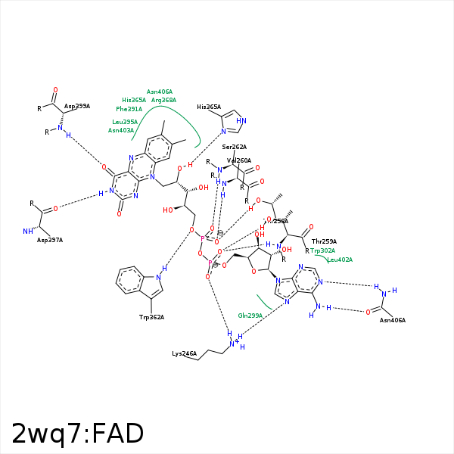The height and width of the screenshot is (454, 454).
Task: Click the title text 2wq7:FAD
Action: pos(77,434)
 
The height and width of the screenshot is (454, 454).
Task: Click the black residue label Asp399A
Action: pos(77,107)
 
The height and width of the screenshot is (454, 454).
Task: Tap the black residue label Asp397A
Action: pos(50,240)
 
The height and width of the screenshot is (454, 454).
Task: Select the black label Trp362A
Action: pos(151,317)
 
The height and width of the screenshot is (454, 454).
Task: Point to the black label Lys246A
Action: pos(184,353)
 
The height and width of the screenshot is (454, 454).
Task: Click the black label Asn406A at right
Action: pos(393,320)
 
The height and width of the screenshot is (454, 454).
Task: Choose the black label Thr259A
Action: pos(324,241)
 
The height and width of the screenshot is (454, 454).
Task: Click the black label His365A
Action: pos(209,107)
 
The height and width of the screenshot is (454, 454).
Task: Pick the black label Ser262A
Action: pos(235,147)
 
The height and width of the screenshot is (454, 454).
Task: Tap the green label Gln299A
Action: pos(250,315)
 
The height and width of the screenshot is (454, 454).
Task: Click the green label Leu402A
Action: pos(340,260)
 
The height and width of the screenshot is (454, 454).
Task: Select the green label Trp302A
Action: pos(322,250)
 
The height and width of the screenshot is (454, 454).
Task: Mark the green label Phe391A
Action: pos(129,109)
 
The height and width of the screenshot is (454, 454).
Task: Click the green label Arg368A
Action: pos(163,100)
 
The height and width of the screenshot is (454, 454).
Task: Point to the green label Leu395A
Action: pos(125,122)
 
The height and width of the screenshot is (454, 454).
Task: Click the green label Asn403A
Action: pos(121,130)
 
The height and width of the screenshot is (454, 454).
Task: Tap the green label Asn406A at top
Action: pos(160,92)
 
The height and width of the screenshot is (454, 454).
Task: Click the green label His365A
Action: pos(134,100)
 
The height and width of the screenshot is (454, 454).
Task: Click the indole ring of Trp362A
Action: pos(136,281)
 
